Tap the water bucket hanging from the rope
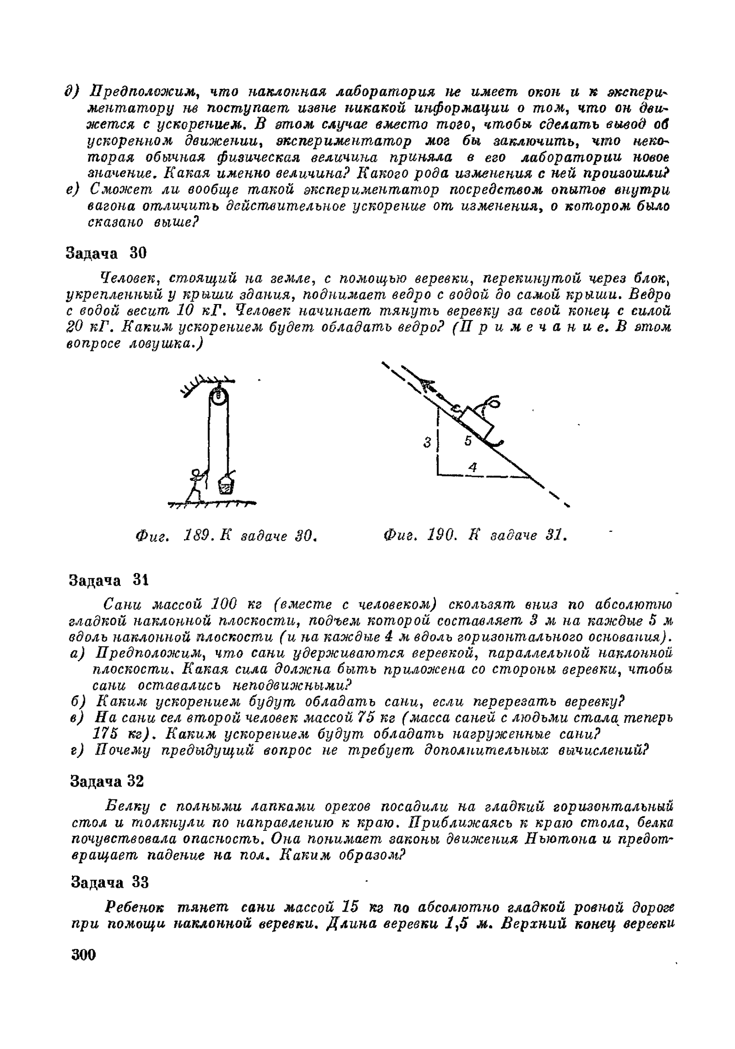click(x=226, y=485)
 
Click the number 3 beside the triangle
click(x=427, y=443)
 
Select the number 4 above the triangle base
click(x=472, y=467)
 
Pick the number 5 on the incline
click(x=468, y=441)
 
